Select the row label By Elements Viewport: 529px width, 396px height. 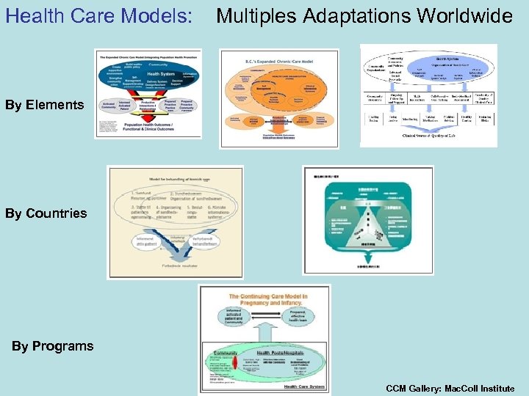click(44, 105)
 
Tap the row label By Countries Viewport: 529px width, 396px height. click(46, 213)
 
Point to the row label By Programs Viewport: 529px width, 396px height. click(52, 345)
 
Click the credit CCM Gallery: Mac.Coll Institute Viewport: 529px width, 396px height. click(450, 388)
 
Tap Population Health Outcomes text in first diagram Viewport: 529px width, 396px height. click(148, 128)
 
